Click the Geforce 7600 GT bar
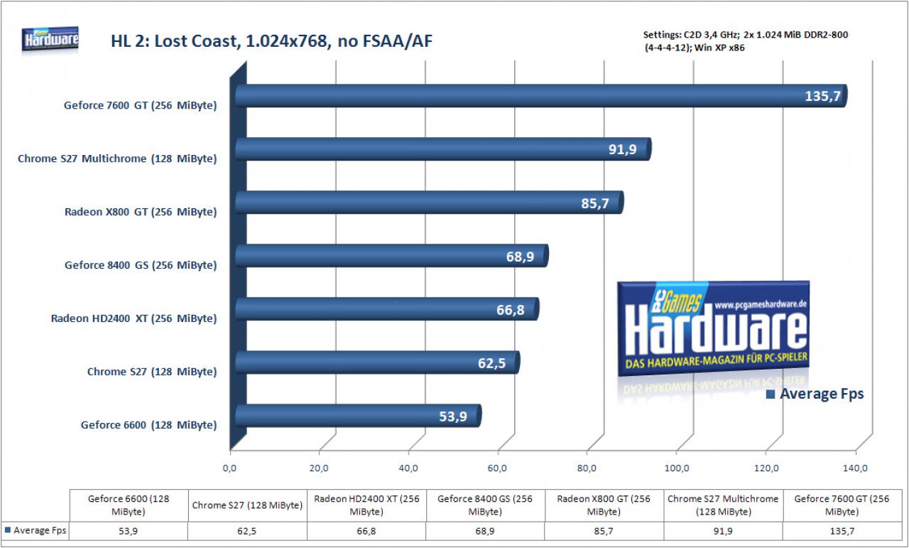541,96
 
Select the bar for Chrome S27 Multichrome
443,149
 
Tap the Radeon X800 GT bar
430,203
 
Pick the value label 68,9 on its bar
520,257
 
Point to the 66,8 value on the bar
511,310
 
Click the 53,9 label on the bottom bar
453,417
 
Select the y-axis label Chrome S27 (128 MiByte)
152,372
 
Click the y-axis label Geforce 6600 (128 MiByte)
149,425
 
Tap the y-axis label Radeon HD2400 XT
134,318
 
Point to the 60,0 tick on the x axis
497,468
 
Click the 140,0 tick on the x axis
855,468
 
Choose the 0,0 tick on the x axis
229,468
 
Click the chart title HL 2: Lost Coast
272,41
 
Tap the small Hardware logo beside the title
50,39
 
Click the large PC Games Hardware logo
713,328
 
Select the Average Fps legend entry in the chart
815,394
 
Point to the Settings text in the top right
746,41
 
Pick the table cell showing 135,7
842,531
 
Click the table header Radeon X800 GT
604,505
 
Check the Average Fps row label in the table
36,530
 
